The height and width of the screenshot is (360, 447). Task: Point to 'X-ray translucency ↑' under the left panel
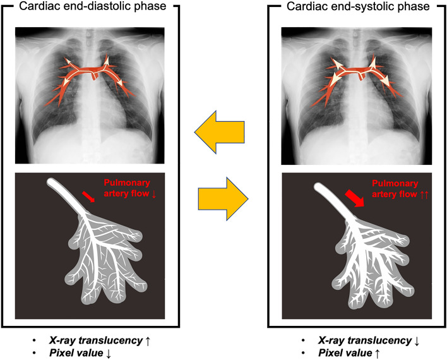102,340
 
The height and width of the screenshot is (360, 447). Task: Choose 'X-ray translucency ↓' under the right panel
361,340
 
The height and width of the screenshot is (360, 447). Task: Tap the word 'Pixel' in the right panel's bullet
314,353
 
